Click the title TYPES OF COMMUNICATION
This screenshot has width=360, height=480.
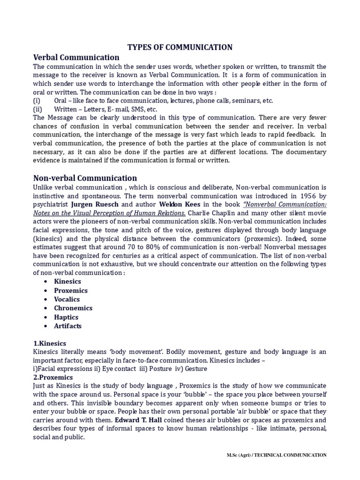pos(180,47)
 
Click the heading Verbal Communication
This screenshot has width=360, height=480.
pos(76,58)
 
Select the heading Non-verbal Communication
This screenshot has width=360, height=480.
pos(85,178)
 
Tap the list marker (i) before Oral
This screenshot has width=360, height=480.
pos(37,101)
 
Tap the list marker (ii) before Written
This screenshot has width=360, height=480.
pos(37,109)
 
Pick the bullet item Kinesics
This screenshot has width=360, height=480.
pos(67,282)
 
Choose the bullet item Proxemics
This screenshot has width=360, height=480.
pos(71,291)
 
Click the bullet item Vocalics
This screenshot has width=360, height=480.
pos(67,300)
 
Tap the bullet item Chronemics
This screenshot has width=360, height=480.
pos(73,308)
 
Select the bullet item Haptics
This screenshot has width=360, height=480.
pos(66,317)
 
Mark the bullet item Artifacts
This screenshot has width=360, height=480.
pos(67,326)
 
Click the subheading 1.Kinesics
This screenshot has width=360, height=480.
pos(50,344)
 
